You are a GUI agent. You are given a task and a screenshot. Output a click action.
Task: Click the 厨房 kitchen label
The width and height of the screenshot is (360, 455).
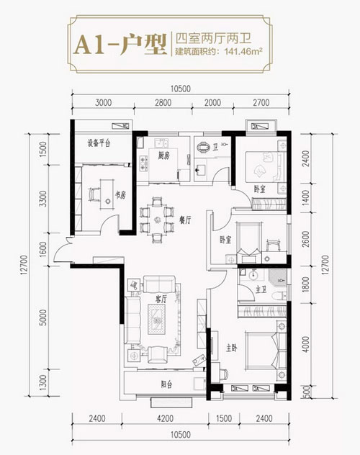click(x=163, y=156)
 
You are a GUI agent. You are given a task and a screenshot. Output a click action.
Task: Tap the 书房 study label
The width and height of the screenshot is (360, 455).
click(x=121, y=195)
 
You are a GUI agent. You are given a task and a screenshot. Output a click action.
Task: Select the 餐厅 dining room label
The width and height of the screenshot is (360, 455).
click(x=185, y=220)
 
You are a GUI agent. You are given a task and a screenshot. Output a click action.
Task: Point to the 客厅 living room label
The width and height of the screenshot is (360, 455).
click(x=161, y=299)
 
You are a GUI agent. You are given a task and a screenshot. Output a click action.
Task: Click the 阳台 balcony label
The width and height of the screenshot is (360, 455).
click(x=166, y=384)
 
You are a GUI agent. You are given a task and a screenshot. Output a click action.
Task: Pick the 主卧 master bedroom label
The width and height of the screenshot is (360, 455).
click(x=232, y=348)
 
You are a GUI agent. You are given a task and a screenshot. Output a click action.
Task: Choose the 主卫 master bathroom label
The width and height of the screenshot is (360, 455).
click(x=261, y=289)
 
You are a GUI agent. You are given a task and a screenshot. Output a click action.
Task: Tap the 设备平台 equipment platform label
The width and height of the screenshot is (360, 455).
click(x=99, y=143)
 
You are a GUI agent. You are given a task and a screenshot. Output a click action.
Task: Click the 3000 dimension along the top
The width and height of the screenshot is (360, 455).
click(x=103, y=103)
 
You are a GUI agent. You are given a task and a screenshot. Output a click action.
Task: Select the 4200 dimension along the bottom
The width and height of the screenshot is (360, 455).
click(x=165, y=418)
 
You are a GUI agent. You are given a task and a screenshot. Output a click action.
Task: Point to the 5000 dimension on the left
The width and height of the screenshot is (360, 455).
click(x=43, y=317)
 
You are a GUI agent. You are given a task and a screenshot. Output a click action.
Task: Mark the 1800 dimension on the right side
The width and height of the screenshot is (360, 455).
click(x=306, y=284)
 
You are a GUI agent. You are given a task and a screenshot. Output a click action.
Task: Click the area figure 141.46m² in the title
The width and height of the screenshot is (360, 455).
click(x=243, y=52)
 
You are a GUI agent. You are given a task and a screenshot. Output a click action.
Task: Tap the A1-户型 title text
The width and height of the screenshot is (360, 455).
click(x=120, y=44)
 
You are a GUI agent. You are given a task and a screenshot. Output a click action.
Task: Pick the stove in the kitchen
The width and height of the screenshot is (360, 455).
click(x=143, y=163)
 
